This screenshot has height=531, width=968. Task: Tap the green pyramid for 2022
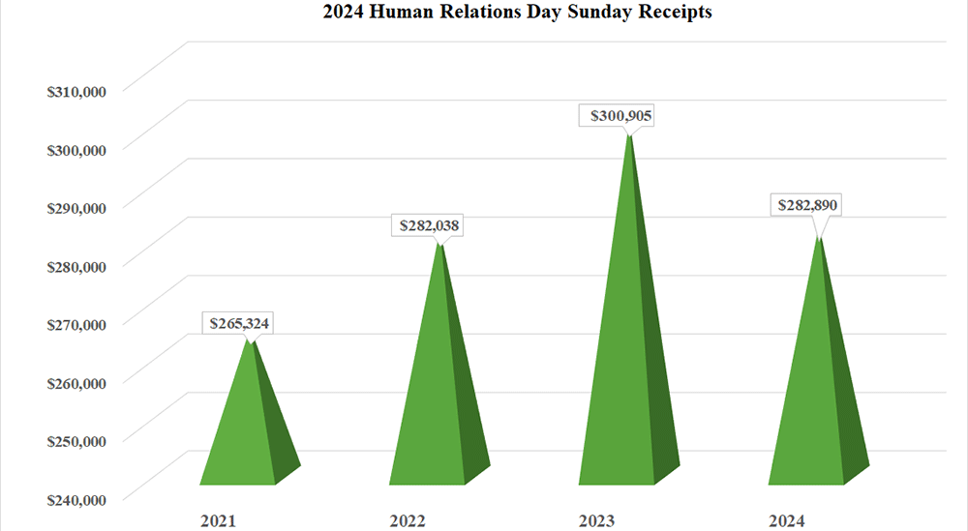(x=432, y=406)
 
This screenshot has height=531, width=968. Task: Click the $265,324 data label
(x=236, y=323)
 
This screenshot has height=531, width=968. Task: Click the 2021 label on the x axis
(x=218, y=521)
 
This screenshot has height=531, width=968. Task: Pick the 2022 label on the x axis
(x=408, y=521)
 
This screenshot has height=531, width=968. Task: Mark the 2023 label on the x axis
(x=597, y=521)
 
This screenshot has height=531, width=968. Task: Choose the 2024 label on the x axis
(x=786, y=521)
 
